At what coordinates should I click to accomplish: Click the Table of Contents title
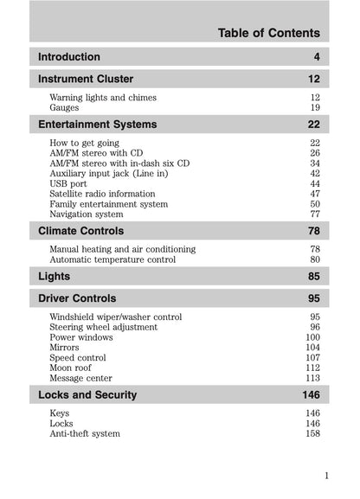[268, 34]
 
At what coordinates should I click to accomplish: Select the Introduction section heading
[69, 57]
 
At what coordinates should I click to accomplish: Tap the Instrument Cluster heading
[86, 79]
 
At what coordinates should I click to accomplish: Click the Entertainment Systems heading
[98, 124]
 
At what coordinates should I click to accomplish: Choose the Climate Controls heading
[81, 231]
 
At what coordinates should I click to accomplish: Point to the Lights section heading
[55, 277]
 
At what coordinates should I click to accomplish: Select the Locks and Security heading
[87, 395]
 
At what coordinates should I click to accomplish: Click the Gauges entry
[65, 108]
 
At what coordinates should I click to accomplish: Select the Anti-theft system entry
[85, 433]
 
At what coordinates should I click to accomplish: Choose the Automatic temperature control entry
[112, 259]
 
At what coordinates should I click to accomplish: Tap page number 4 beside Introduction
[317, 57]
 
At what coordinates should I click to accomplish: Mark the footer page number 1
[326, 475]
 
